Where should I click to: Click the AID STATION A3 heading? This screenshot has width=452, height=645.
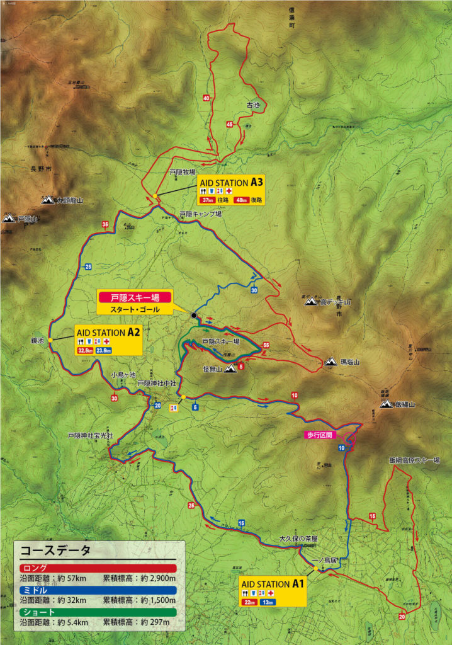[x=230, y=181]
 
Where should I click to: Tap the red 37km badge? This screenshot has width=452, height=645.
[x=207, y=200]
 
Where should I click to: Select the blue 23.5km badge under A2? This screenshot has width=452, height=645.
[x=104, y=350]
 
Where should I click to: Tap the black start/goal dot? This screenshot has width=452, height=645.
[x=194, y=315]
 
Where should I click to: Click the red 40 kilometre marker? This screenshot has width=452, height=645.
[x=206, y=98]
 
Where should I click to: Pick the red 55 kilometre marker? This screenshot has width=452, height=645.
[x=266, y=345]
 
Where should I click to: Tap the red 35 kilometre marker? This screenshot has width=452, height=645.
[x=105, y=224]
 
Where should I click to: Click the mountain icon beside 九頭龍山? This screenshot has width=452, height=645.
[x=48, y=200]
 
